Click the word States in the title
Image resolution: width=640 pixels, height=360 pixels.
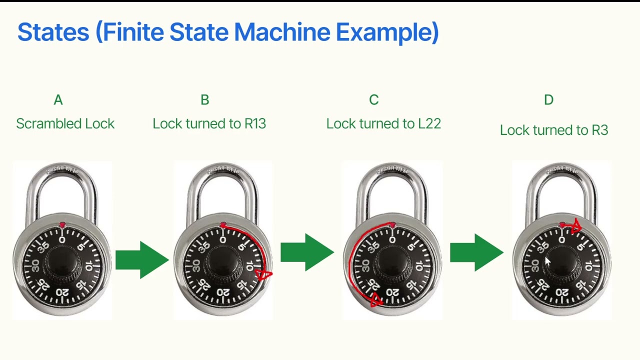click(53, 32)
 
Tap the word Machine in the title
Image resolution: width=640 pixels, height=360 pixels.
click(282, 32)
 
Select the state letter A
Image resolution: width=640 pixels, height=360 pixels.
click(58, 99)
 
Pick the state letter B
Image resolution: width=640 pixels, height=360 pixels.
click(205, 99)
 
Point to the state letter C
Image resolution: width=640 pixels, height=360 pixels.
click(373, 99)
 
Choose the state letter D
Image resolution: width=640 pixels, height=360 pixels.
click(548, 99)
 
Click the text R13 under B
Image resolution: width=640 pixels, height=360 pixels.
click(255, 123)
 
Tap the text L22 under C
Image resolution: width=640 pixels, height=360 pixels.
click(429, 123)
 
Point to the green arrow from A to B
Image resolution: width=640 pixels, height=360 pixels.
click(142, 260)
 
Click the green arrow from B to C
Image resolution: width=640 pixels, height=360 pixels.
click(307, 252)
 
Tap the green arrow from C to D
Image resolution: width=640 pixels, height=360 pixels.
click(476, 252)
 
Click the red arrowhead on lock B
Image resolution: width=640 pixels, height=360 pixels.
click(263, 275)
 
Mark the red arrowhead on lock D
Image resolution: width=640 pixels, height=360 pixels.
click(576, 226)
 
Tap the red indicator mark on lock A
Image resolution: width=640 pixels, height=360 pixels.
click(62, 225)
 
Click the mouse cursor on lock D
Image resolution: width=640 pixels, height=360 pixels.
click(547, 261)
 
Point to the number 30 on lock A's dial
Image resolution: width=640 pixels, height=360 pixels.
click(35, 265)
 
